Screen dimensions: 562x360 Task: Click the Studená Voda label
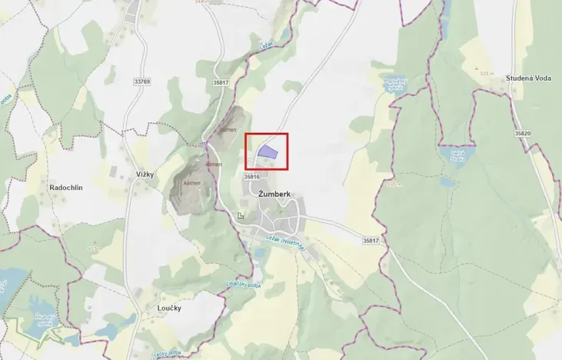click(530, 78)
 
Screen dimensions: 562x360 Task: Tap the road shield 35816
click(251, 176)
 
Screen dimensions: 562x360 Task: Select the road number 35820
click(523, 133)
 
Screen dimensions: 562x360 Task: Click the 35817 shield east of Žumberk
click(371, 241)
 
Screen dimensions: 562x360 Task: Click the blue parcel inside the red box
click(268, 152)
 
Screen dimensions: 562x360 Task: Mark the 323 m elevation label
click(486, 73)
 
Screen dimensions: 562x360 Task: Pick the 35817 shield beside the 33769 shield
click(221, 82)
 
